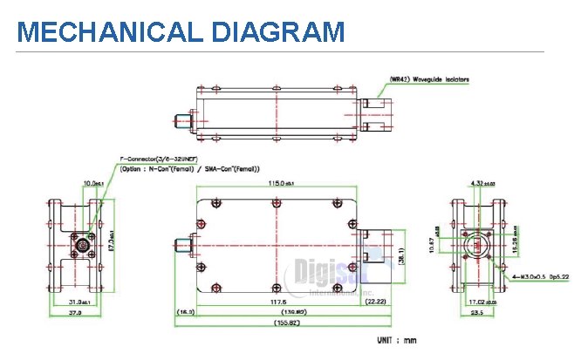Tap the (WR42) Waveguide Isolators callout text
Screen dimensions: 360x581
pyautogui.click(x=428, y=80)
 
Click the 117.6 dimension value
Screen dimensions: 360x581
pyautogui.click(x=279, y=302)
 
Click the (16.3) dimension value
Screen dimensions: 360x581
pyautogui.click(x=185, y=310)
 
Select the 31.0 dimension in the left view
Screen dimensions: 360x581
pyautogui.click(x=72, y=302)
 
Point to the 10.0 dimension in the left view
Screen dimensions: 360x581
pyautogui.click(x=90, y=184)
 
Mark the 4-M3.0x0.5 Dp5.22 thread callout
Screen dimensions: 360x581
pyautogui.click(x=541, y=277)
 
